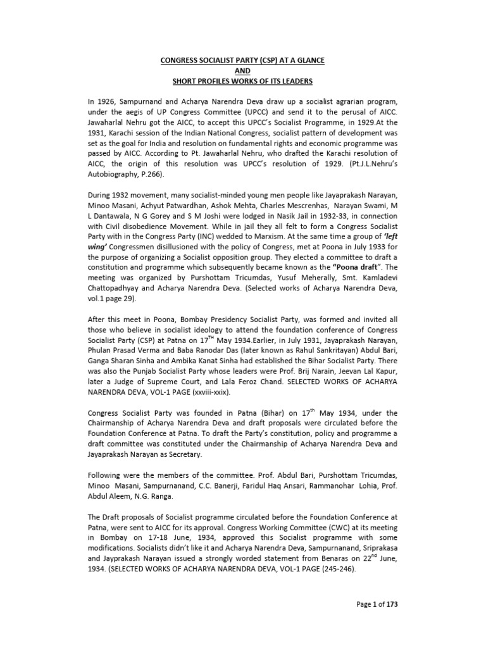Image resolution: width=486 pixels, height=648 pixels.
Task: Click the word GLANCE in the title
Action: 308,59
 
